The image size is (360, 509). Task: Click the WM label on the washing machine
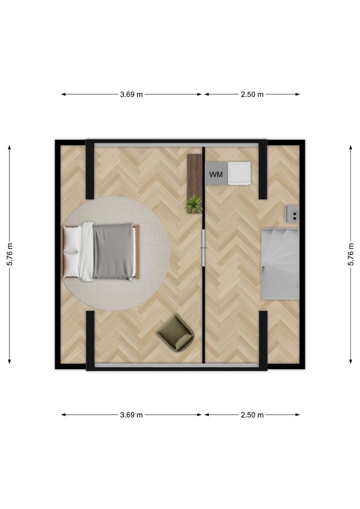click(216, 174)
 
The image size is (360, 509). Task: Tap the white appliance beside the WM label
click(239, 174)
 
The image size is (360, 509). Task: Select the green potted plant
click(194, 204)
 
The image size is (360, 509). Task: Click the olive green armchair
click(175, 333)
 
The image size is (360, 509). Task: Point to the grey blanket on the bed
click(113, 251)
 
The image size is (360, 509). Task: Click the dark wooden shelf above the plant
click(195, 175)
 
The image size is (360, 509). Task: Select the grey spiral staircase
click(280, 264)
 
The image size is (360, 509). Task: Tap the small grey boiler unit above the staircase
click(293, 214)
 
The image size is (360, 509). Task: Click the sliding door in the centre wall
click(204, 248)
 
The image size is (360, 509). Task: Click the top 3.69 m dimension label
click(131, 94)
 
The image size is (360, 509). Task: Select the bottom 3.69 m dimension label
click(131, 415)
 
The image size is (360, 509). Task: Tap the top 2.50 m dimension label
click(252, 94)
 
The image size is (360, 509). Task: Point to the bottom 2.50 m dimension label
click(252, 415)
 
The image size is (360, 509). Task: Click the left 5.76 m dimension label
click(10, 254)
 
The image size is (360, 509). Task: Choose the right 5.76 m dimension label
click(351, 254)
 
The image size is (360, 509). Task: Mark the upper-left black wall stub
click(90, 170)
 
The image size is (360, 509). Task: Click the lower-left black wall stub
click(90, 340)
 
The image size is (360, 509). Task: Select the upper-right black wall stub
click(263, 170)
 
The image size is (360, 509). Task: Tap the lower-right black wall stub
click(263, 340)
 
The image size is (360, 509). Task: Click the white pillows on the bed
click(72, 252)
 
